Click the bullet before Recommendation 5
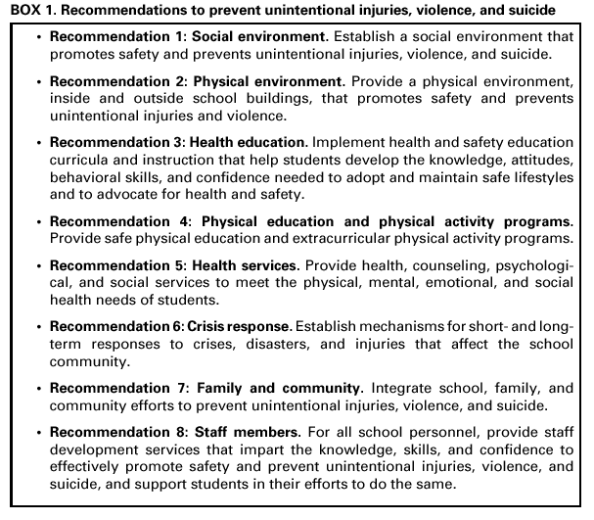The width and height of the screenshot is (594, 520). click(x=35, y=264)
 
